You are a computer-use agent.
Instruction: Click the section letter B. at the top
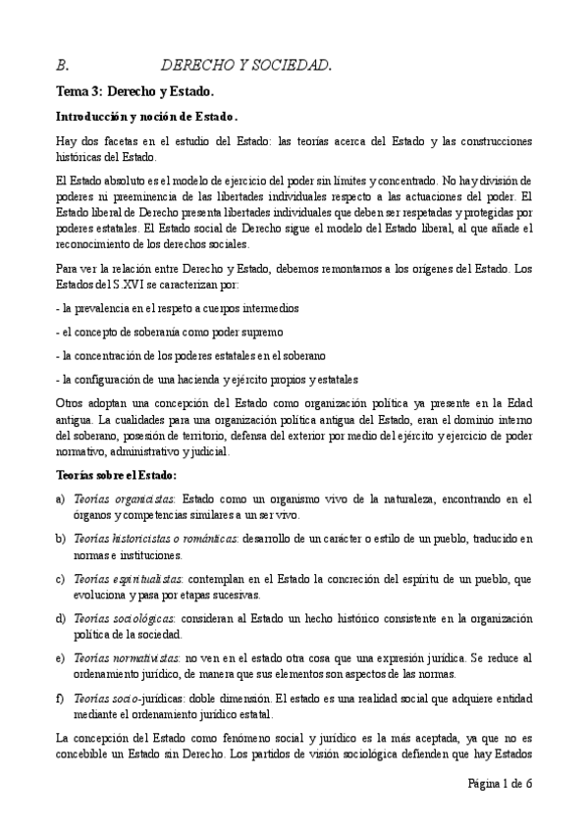62,67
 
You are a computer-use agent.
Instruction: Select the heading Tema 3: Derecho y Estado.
134,92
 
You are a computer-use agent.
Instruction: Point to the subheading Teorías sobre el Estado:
116,475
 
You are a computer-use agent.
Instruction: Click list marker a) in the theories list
61,499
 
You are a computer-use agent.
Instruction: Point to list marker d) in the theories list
61,618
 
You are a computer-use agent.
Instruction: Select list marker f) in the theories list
61,698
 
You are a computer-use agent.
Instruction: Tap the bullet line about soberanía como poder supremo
170,331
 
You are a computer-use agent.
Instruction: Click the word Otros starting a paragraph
71,402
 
